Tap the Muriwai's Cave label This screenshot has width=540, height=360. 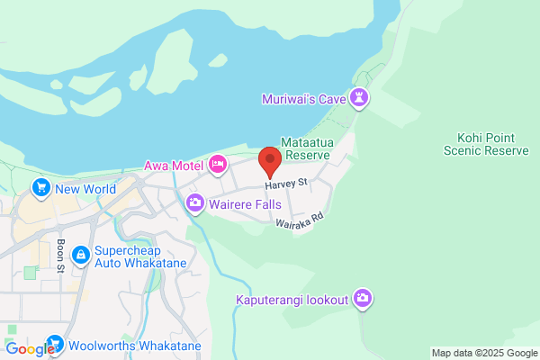tap(305, 98)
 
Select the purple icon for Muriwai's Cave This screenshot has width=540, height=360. tap(361, 97)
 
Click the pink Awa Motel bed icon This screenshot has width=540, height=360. tap(217, 165)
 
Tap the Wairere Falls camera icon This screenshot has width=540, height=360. tap(194, 204)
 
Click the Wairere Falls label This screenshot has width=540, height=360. tap(243, 204)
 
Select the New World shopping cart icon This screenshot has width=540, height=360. tap(40, 188)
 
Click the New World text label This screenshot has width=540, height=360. tap(85, 189)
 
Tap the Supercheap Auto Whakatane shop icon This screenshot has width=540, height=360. tap(81, 256)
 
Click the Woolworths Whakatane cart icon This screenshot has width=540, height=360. tap(55, 344)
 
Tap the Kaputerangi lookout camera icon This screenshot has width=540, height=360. tap(362, 299)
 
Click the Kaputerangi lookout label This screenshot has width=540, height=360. tap(292, 300)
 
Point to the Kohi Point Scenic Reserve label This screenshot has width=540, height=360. tap(486, 144)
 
